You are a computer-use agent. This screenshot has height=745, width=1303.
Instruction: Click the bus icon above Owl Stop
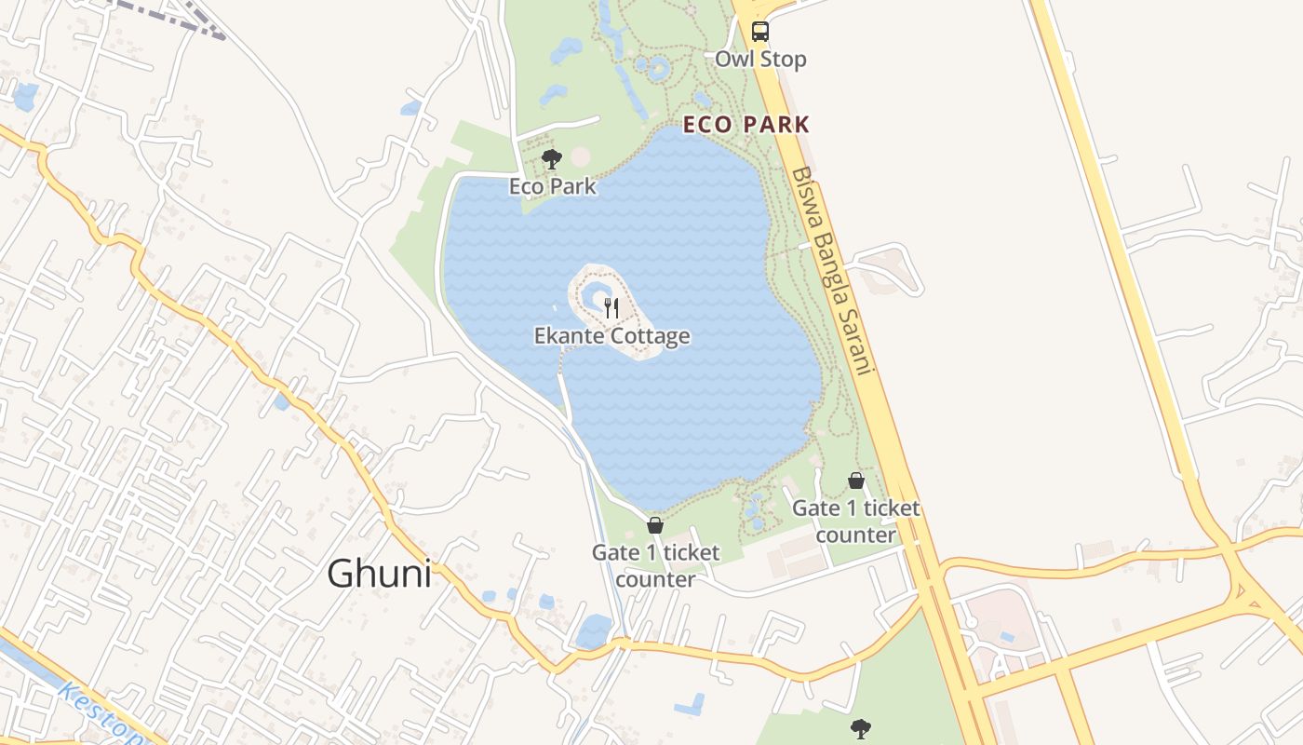[x=760, y=31]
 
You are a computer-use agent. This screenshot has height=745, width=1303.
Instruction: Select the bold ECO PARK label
[x=746, y=124]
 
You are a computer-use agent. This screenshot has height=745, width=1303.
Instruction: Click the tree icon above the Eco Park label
[x=552, y=158]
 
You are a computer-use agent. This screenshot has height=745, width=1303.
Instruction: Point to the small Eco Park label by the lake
[x=552, y=186]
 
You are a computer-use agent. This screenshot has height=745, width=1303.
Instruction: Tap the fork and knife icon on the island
[x=611, y=307]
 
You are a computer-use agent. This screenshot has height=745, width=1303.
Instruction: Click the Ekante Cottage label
[x=611, y=335]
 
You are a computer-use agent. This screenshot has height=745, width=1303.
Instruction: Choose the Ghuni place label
[x=379, y=574]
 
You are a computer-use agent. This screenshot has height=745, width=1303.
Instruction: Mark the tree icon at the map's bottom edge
[x=860, y=728]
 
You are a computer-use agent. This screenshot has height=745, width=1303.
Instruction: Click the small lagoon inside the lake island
[x=593, y=298]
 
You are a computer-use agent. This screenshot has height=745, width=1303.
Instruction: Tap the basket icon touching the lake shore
[x=655, y=525]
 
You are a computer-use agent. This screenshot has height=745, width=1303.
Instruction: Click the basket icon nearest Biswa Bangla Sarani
[x=856, y=481]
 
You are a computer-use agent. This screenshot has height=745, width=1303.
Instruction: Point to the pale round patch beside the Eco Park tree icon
[x=580, y=156]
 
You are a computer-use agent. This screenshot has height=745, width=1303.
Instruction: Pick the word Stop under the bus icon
[x=784, y=60]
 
